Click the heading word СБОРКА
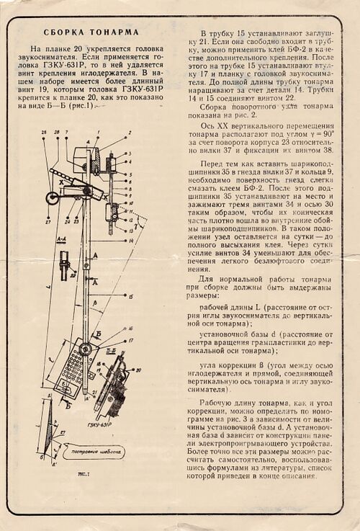(x=66, y=32)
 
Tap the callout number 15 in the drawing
(x=130, y=296)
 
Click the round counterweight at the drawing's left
(x=52, y=197)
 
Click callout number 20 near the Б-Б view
(x=138, y=370)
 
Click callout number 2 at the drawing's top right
(x=130, y=133)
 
